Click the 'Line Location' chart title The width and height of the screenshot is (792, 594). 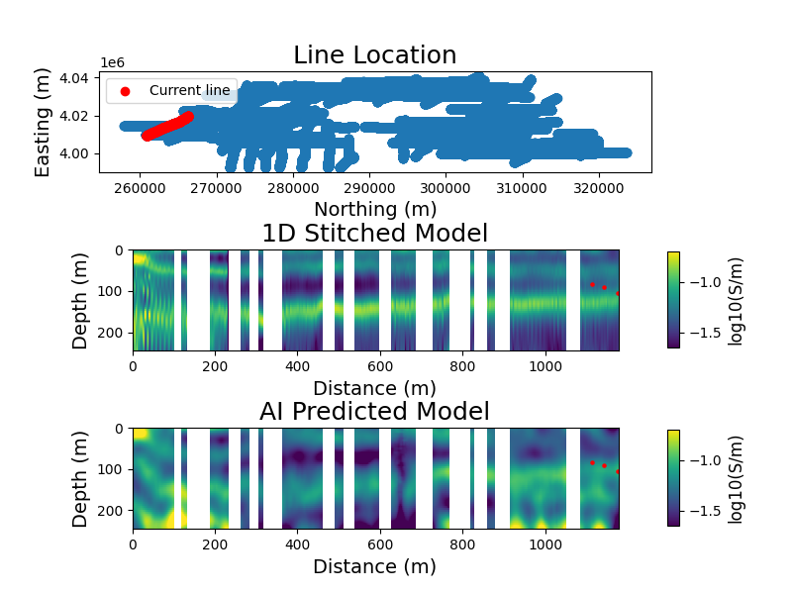pos(375,55)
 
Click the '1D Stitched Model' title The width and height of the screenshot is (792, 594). pos(375,234)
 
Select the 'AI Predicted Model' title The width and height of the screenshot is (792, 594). pos(375,412)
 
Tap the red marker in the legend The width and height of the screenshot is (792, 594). pos(125,91)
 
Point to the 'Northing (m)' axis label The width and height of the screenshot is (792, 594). pos(375,210)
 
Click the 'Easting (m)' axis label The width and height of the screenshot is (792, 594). pos(44,123)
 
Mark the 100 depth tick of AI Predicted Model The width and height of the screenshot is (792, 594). pos(111,469)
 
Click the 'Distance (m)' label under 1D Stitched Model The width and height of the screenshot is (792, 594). pos(375,388)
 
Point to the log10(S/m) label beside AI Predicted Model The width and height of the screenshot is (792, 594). pos(735,478)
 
